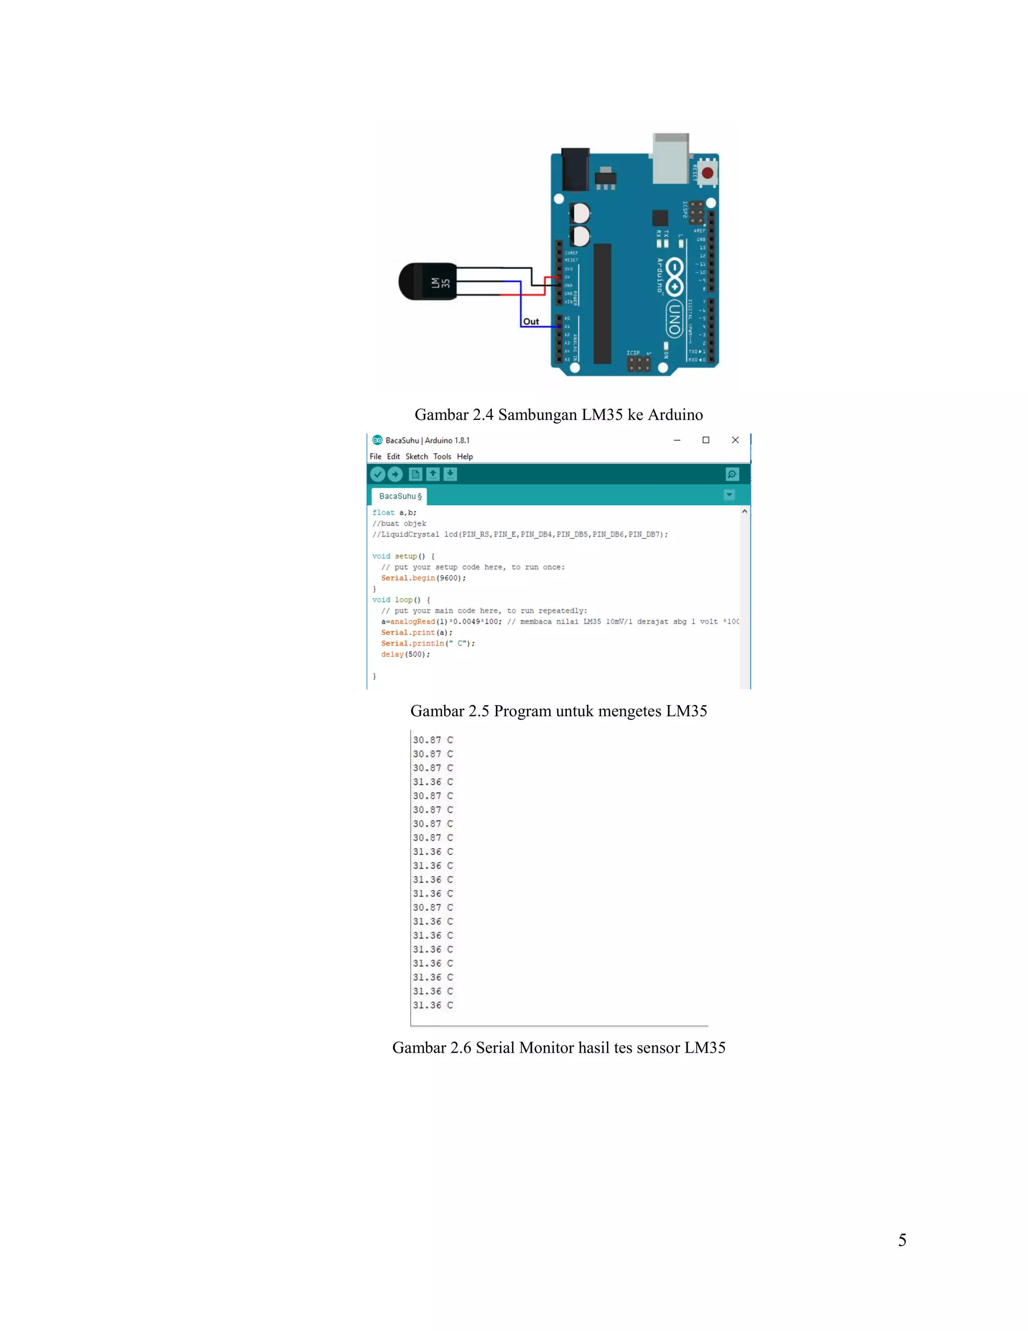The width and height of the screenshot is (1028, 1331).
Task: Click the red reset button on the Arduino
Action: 707,173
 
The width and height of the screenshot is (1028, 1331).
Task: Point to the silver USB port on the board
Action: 671,158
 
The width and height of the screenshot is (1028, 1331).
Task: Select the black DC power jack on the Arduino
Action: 575,169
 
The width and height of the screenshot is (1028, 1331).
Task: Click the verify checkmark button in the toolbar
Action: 377,474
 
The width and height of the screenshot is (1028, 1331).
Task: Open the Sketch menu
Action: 417,457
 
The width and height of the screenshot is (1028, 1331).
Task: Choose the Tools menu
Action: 442,457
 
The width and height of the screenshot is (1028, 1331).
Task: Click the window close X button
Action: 735,440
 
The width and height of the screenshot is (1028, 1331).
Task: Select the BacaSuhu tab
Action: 400,496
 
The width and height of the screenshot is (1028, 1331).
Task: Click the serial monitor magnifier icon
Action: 732,474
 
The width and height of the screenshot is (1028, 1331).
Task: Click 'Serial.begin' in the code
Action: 408,578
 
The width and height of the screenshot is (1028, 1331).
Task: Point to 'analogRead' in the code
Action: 412,622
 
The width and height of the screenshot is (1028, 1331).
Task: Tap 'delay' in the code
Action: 392,654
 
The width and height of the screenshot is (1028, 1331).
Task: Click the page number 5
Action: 902,1240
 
